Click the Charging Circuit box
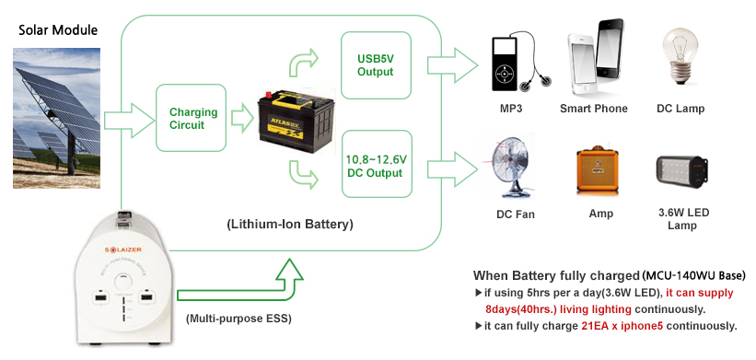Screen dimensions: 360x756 (193, 119)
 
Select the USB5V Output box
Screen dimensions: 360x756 (375, 65)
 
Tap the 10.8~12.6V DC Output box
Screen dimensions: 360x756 (376, 165)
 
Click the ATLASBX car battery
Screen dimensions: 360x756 (290, 118)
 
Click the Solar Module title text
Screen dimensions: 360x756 (58, 29)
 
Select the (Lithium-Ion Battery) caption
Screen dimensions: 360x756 (289, 224)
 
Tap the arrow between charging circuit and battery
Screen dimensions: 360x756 (241, 119)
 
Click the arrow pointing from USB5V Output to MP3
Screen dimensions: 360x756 (453, 66)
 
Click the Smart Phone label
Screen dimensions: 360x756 (593, 109)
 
